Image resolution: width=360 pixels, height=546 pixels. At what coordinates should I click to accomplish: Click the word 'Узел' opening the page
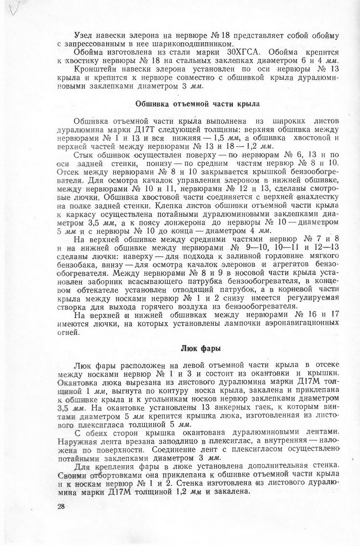point(82,36)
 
